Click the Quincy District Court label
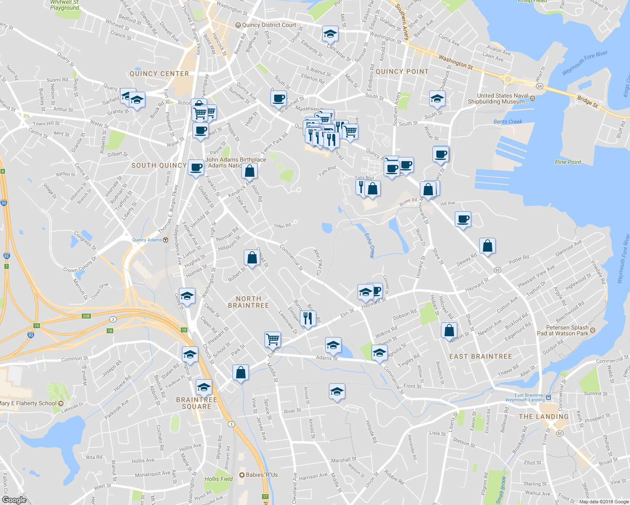(x=269, y=25)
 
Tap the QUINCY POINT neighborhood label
(x=402, y=72)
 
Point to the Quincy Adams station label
(x=147, y=240)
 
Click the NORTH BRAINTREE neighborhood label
(x=248, y=302)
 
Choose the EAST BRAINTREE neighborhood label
(x=481, y=356)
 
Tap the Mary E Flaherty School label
(x=29, y=403)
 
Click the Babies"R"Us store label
(x=262, y=475)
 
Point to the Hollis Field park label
(x=219, y=479)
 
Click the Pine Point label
(x=568, y=162)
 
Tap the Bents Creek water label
(x=507, y=122)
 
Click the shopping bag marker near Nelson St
(x=449, y=331)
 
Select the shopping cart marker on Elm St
(x=273, y=339)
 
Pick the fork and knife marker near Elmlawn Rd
(x=308, y=318)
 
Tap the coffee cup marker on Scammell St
(x=278, y=99)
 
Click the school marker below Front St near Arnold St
(x=337, y=391)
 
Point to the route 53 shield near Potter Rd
(x=497, y=270)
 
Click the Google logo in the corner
(x=14, y=500)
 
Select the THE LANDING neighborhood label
(x=543, y=417)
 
